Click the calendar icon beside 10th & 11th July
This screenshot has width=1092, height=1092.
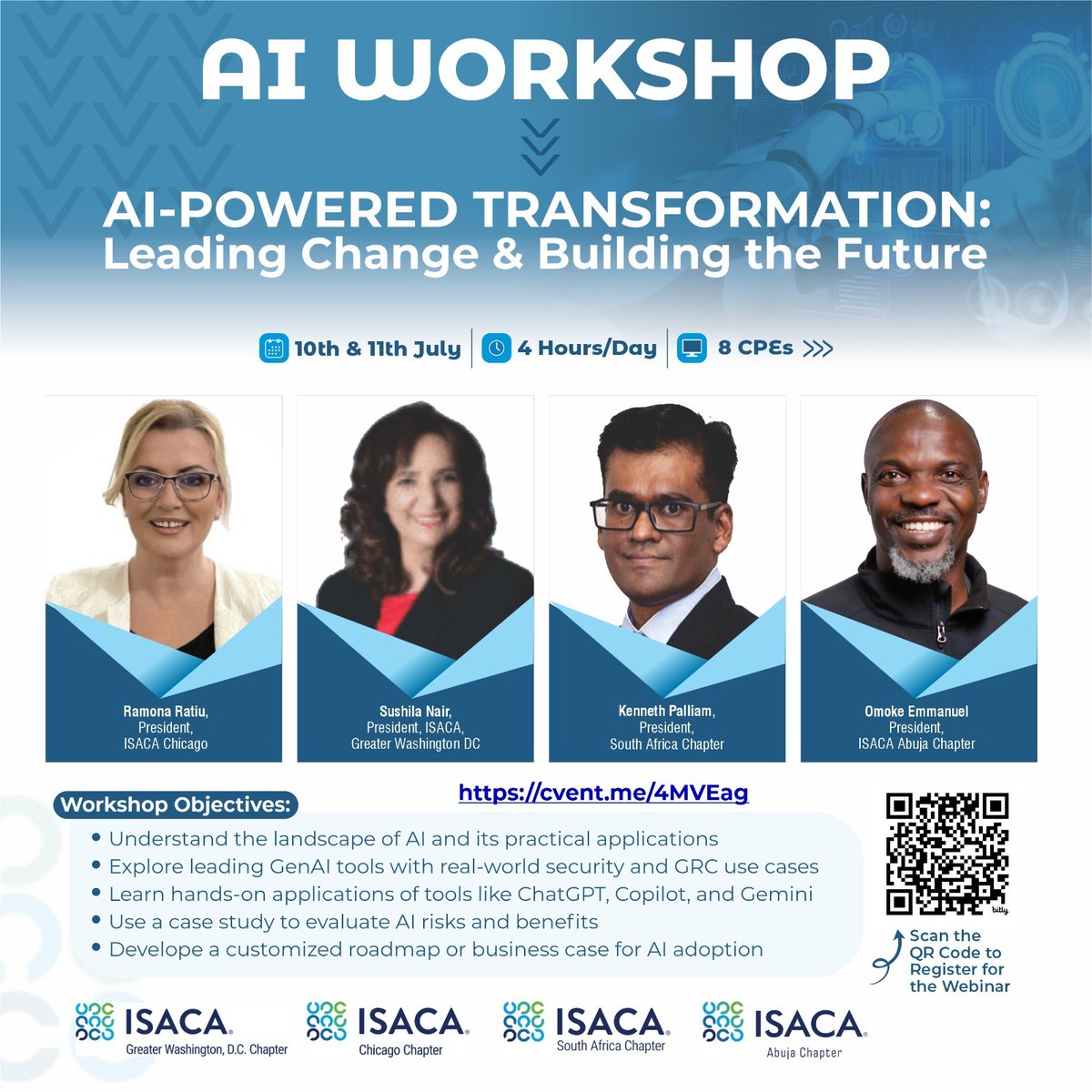pos(273,349)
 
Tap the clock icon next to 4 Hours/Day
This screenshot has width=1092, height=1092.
pos(496,349)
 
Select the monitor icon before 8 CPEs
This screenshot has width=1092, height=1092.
pos(693,349)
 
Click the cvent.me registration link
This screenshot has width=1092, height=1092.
pos(603,792)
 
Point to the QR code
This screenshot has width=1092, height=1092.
pos(947,854)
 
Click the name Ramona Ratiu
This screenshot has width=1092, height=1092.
pos(166,711)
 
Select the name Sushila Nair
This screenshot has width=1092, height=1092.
pos(415,711)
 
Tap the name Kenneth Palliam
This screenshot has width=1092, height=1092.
pos(666,711)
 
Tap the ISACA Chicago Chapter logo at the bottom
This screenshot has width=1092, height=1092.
pos(388,1029)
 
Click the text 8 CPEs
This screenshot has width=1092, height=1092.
pos(754,349)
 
